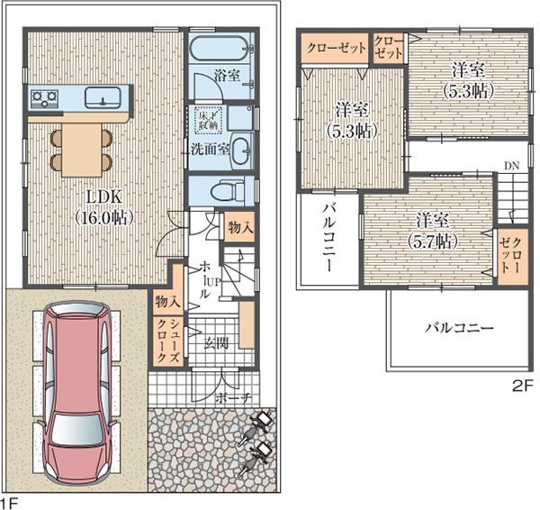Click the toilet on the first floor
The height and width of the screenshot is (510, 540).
[x=229, y=191]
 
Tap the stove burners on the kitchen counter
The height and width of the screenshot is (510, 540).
[x=43, y=96]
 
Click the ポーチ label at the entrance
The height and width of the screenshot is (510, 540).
[x=231, y=396]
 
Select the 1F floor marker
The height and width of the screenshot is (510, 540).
[x=9, y=500]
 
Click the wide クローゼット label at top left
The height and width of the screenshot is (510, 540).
[x=335, y=48]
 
